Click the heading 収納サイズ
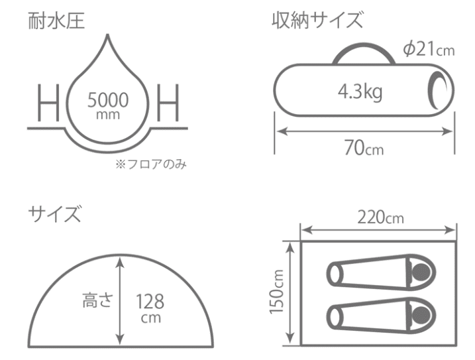pos(317,20)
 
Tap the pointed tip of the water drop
pos(109,36)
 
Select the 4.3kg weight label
pos(357,93)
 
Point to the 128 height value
pos(150,302)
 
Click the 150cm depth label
pos(279,292)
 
